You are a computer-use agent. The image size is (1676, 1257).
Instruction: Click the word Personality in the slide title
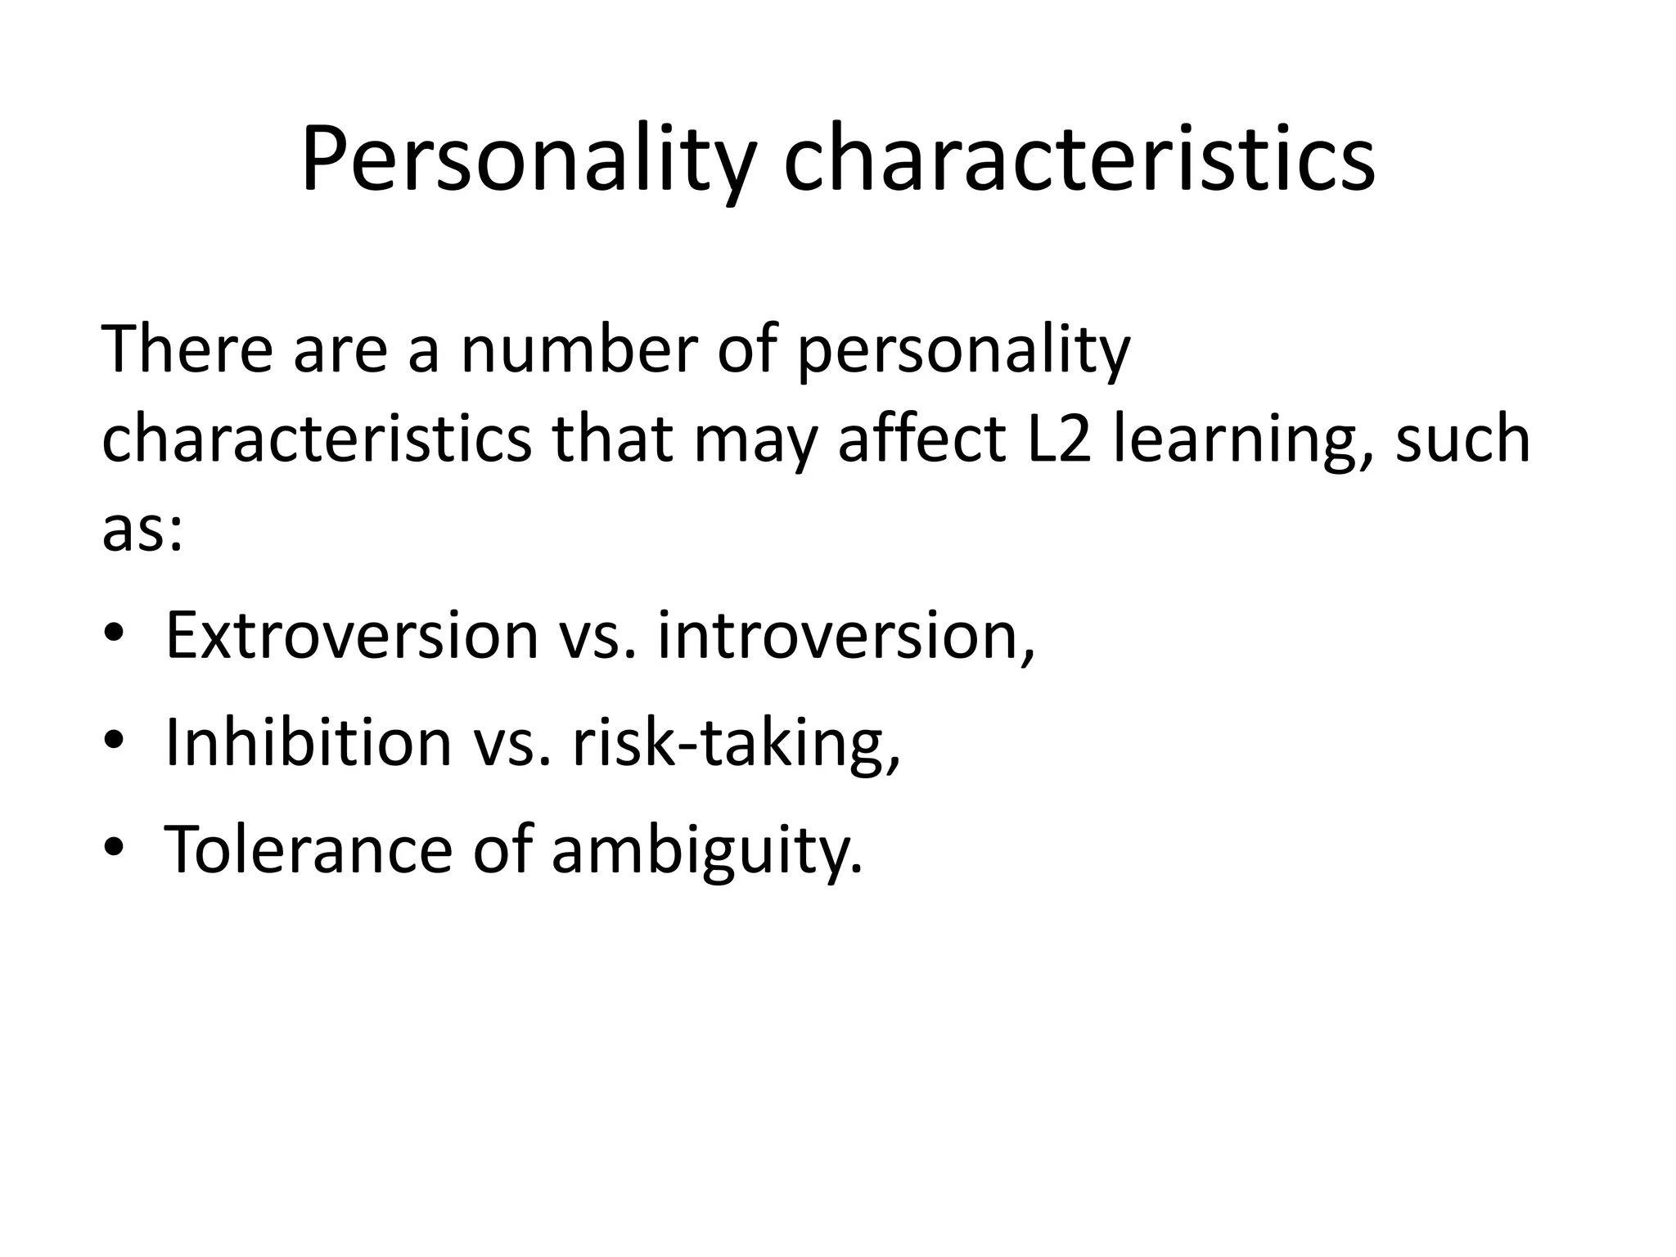click(526, 161)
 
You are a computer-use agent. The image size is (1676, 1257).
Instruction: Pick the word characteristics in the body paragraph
click(317, 439)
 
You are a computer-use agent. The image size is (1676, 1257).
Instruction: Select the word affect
click(921, 439)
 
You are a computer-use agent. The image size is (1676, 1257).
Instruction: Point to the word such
click(1462, 439)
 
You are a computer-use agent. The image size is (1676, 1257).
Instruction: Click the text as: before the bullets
click(142, 529)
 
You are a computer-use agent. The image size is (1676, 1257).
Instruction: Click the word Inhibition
click(309, 741)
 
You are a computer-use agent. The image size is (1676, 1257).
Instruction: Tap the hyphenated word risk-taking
click(735, 743)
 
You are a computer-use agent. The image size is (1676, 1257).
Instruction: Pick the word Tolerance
click(309, 849)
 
